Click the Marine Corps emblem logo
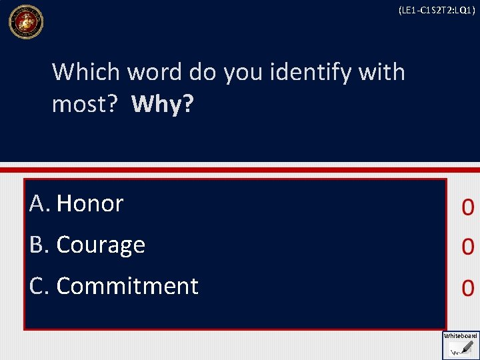pos(25,22)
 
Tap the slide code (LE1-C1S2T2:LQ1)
pos(437,10)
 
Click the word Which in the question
pos(81,71)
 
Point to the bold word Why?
pos(162,104)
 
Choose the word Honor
pos(90,203)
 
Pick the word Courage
pos(101,245)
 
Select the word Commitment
pos(127,285)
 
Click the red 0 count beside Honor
pos(467,208)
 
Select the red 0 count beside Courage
pos(467,247)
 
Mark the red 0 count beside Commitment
pos(467,288)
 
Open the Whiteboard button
pos(461,345)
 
